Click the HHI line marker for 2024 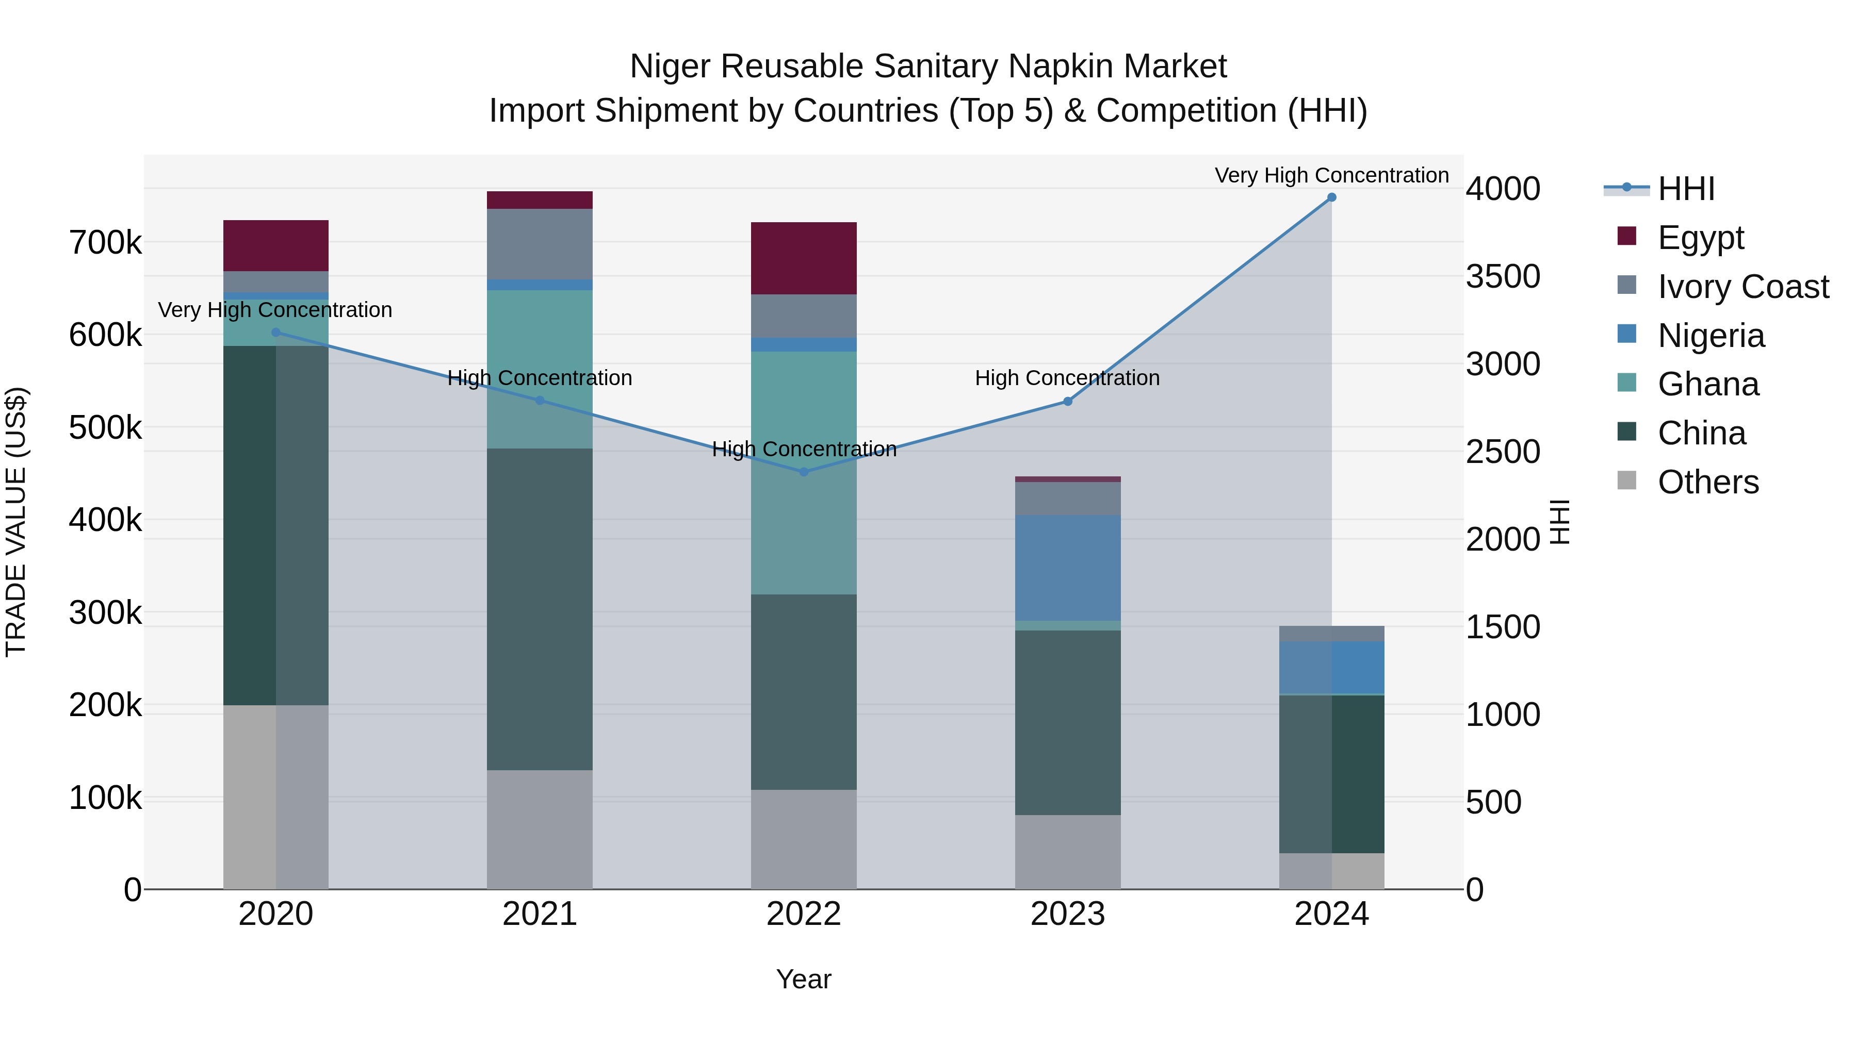1331,197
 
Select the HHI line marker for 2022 804,472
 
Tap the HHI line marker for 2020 275,332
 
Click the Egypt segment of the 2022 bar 804,258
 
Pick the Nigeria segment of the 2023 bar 1068,568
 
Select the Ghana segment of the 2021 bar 539,369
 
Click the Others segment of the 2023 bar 1068,852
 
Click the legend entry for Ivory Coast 1742,287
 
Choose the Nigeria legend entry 1711,336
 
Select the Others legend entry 1708,482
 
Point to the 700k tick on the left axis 105,243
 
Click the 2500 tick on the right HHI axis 1503,452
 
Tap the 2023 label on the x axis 1068,914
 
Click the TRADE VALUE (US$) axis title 16,522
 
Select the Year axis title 804,979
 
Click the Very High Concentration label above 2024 1331,175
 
